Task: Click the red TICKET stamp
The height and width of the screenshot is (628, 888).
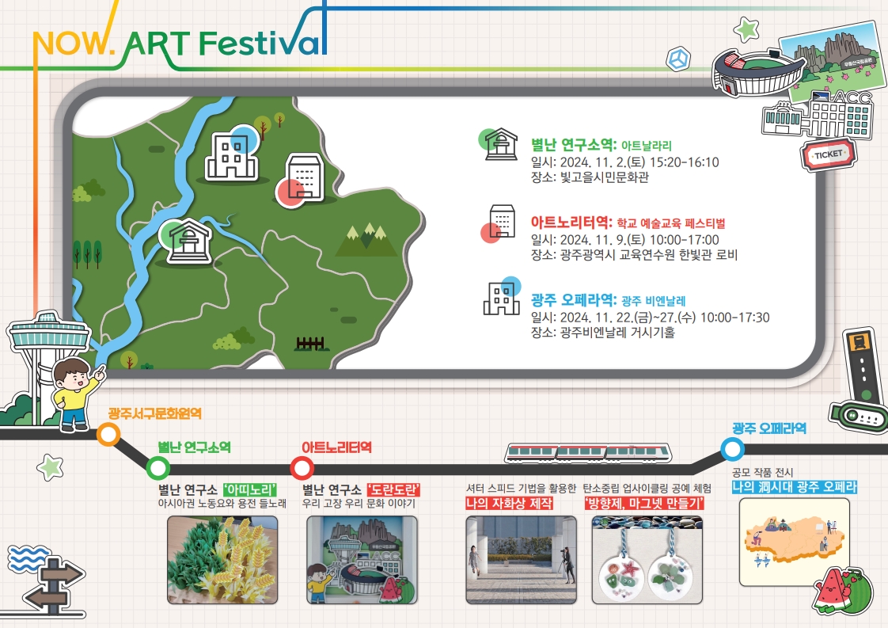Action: [x=829, y=154]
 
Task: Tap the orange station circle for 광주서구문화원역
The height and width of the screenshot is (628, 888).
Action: [x=108, y=435]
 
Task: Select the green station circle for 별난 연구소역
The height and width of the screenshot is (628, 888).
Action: [x=158, y=468]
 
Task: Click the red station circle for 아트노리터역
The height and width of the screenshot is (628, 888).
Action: [x=302, y=468]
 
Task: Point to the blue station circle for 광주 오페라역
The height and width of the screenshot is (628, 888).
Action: [x=732, y=450]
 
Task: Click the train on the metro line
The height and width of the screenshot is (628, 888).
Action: [x=588, y=452]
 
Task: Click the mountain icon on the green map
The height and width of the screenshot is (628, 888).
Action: [x=367, y=239]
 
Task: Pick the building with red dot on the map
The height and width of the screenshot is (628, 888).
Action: [x=302, y=179]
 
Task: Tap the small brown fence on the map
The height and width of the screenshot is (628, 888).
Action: [x=309, y=344]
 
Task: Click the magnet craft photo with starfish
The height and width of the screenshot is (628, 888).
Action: [x=647, y=560]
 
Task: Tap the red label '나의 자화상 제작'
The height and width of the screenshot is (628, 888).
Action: [x=509, y=504]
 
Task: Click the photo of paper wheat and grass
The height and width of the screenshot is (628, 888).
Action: [x=222, y=560]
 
